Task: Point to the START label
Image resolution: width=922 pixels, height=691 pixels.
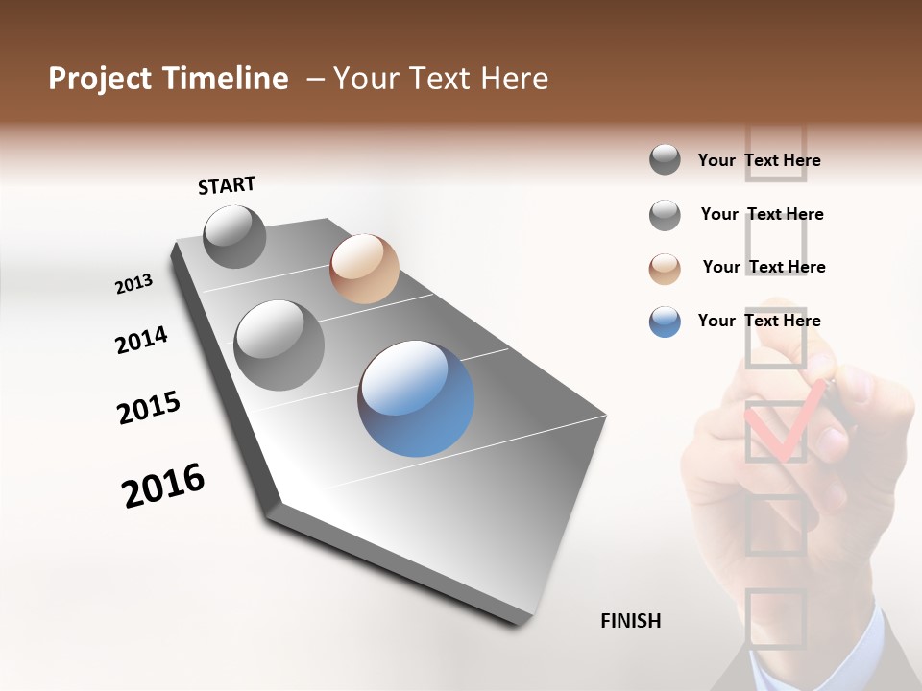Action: (227, 185)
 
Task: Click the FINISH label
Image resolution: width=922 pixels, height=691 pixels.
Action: (630, 621)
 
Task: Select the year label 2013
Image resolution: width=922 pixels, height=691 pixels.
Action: (133, 284)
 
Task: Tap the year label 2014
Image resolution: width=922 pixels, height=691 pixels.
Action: (141, 340)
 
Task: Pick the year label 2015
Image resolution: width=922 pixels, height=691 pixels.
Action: (149, 409)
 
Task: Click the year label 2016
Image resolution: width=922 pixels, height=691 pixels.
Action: (163, 486)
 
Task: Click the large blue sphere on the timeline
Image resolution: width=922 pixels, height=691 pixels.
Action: (416, 398)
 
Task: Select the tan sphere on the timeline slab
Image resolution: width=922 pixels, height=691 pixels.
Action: (364, 269)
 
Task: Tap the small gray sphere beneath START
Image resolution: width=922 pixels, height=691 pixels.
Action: (234, 236)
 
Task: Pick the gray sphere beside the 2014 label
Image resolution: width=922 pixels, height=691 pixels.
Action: (279, 345)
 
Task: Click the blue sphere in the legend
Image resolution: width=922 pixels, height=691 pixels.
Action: (665, 322)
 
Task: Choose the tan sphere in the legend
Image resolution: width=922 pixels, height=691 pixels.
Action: (665, 268)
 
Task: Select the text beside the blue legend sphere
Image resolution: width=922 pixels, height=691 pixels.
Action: (759, 321)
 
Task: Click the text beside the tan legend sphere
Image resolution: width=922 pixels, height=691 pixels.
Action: (764, 267)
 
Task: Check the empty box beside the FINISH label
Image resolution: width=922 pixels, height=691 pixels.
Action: (775, 618)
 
